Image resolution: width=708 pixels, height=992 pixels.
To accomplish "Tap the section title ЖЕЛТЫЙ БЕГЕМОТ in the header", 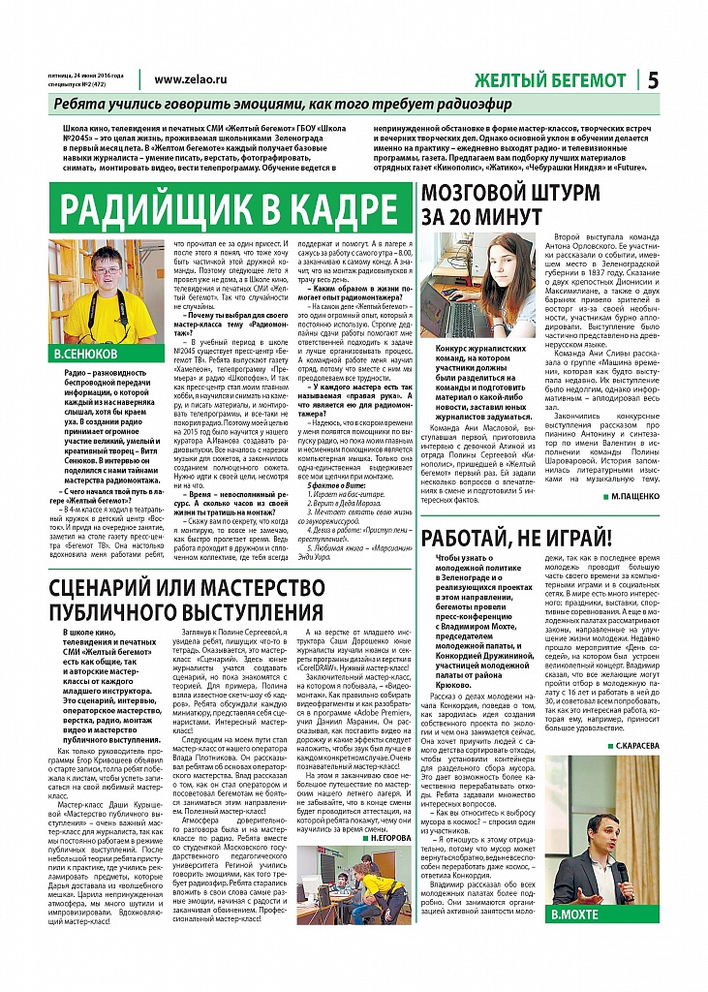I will click(550, 81).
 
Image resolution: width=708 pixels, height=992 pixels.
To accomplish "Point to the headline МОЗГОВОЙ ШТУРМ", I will click(523, 192).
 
